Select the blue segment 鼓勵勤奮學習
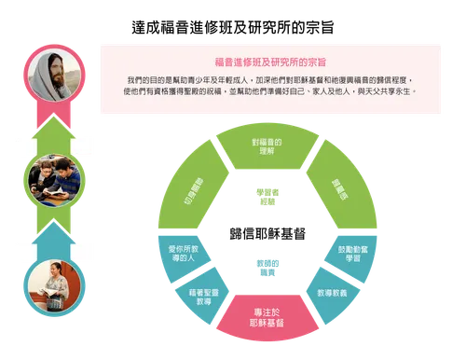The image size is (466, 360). point(357,254)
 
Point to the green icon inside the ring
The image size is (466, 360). point(266,197)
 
